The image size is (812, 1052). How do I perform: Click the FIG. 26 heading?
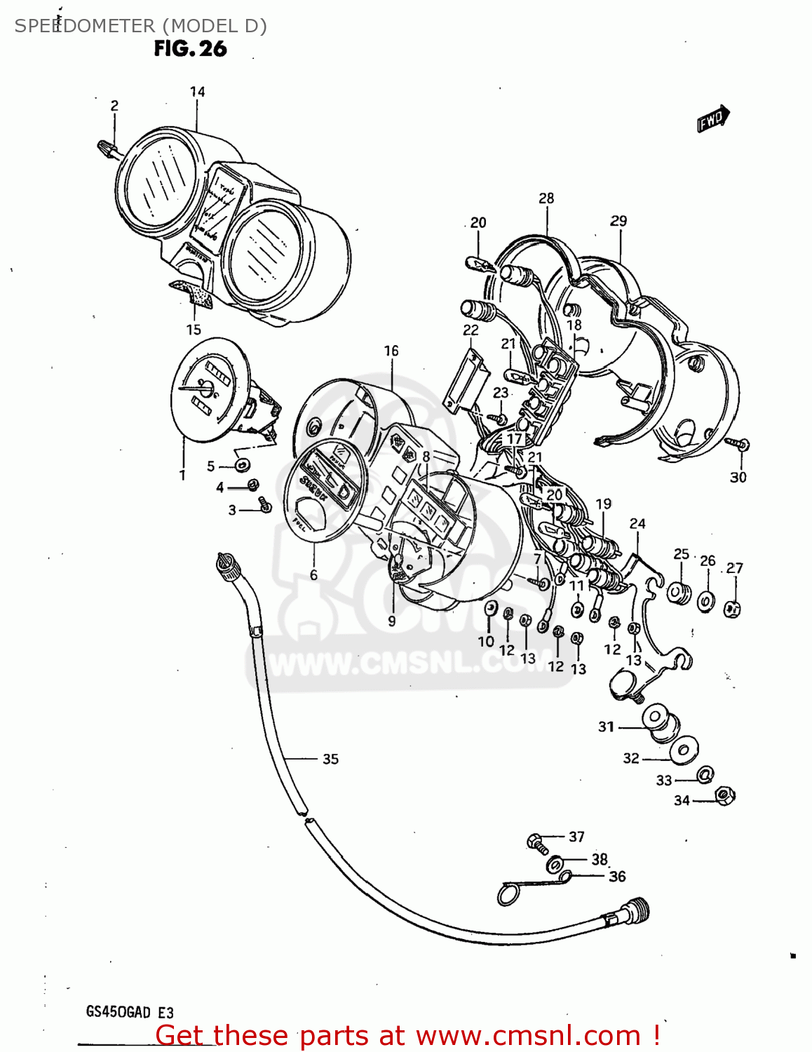point(190,48)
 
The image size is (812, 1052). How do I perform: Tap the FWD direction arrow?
point(713,119)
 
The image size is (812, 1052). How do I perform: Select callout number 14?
point(197,92)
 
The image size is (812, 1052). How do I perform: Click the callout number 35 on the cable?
point(330,759)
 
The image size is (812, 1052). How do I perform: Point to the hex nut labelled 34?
point(724,796)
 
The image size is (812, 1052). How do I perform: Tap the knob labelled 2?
point(107,149)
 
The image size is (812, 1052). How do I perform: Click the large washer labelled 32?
point(683,750)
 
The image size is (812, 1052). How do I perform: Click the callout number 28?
point(546,198)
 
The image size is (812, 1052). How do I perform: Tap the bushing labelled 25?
point(678,593)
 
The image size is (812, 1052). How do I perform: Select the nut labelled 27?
point(732,609)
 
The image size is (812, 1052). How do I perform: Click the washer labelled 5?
point(242,465)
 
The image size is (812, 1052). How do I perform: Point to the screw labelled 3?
point(265,504)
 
